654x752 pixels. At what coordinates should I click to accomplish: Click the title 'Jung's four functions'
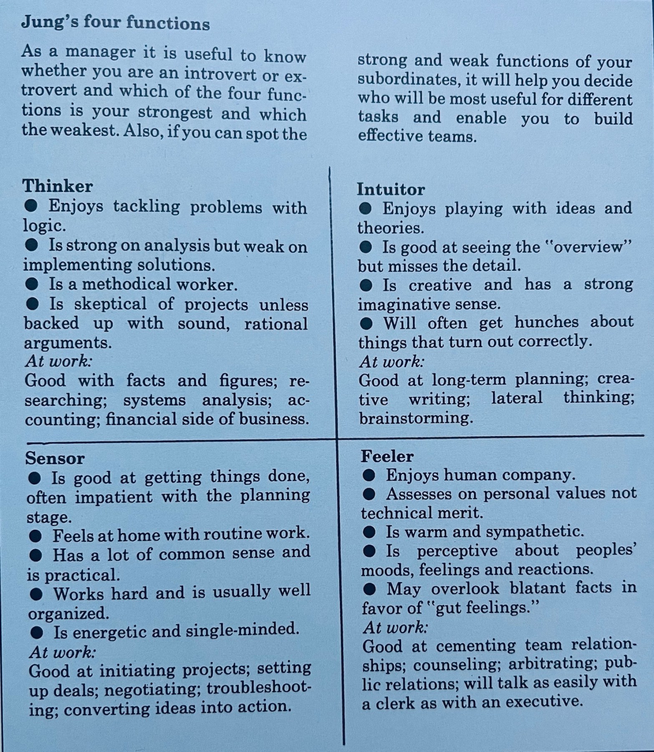[x=115, y=23]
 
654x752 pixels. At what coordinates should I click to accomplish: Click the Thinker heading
[x=58, y=186]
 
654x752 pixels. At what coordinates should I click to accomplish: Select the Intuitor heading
[x=391, y=190]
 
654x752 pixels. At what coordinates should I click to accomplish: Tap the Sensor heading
[x=55, y=458]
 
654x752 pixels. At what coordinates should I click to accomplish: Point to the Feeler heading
[x=387, y=456]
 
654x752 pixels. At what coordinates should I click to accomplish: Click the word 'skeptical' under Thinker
[x=111, y=304]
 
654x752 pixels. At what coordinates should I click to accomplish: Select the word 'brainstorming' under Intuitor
[x=416, y=418]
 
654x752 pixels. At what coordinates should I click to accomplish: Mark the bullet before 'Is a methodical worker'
[x=32, y=285]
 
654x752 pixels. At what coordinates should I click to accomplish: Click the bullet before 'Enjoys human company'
[x=369, y=475]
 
